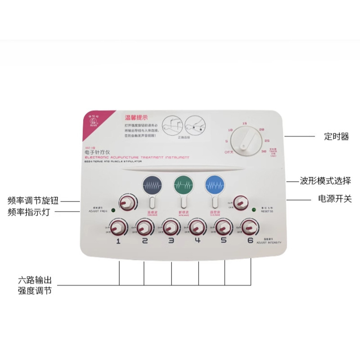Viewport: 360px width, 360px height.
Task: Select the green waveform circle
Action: (182, 184)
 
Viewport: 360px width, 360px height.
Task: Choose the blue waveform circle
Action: (213, 185)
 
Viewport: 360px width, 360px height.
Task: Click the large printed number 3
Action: (171, 241)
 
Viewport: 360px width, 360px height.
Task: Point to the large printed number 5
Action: (224, 241)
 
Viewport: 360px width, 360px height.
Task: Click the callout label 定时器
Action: (337, 137)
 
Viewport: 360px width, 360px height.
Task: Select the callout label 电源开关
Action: (334, 198)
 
